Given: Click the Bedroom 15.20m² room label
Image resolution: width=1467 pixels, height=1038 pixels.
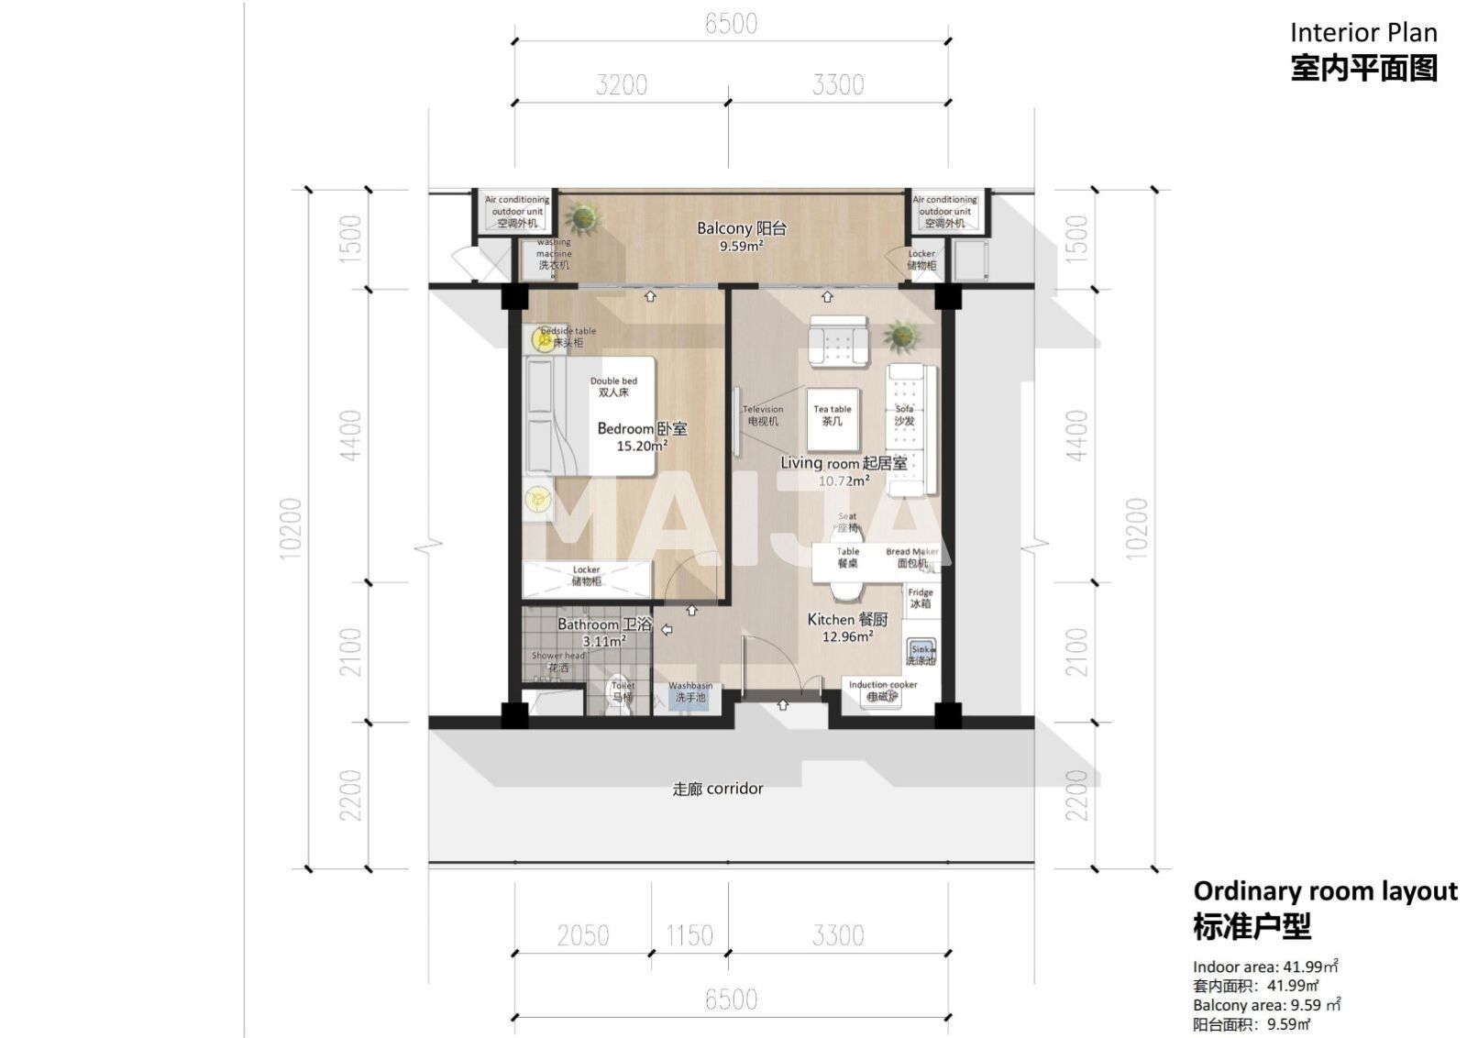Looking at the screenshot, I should pos(642,436).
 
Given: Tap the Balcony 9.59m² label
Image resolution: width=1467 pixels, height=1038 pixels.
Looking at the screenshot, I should pos(741,236).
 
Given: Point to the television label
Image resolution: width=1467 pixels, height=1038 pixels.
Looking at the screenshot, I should pos(762,415).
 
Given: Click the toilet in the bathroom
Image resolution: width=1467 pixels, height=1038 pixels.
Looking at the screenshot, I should pos(623,693).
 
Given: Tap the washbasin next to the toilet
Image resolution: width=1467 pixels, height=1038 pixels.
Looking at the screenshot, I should pos(689,693).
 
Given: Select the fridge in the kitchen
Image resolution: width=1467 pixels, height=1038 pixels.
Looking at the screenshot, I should pos(921,599).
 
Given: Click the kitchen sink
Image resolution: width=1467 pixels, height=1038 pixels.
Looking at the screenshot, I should pos(921,654).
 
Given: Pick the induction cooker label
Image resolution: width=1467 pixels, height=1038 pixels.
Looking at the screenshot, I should pos(882,690).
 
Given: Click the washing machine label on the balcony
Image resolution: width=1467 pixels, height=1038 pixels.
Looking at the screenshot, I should pos(553,254).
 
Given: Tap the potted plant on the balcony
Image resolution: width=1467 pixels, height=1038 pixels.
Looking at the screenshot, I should pos(581,219).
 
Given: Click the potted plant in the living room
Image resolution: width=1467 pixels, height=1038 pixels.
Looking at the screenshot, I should pos(902,336).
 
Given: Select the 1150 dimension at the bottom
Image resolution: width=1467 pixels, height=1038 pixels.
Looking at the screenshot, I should pos(689,935).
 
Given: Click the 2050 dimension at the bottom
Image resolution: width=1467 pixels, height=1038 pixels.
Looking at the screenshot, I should pos(582,935).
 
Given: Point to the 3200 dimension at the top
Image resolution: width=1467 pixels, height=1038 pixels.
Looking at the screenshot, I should pos(621,85).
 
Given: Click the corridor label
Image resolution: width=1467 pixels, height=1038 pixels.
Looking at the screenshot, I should pos(717,789).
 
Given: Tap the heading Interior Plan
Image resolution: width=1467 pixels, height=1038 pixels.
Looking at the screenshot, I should pos(1362,33).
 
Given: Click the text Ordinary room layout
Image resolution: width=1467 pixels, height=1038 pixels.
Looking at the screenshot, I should pos(1324,891).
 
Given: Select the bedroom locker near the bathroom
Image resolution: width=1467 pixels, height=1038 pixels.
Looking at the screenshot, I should pos(586,576).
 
